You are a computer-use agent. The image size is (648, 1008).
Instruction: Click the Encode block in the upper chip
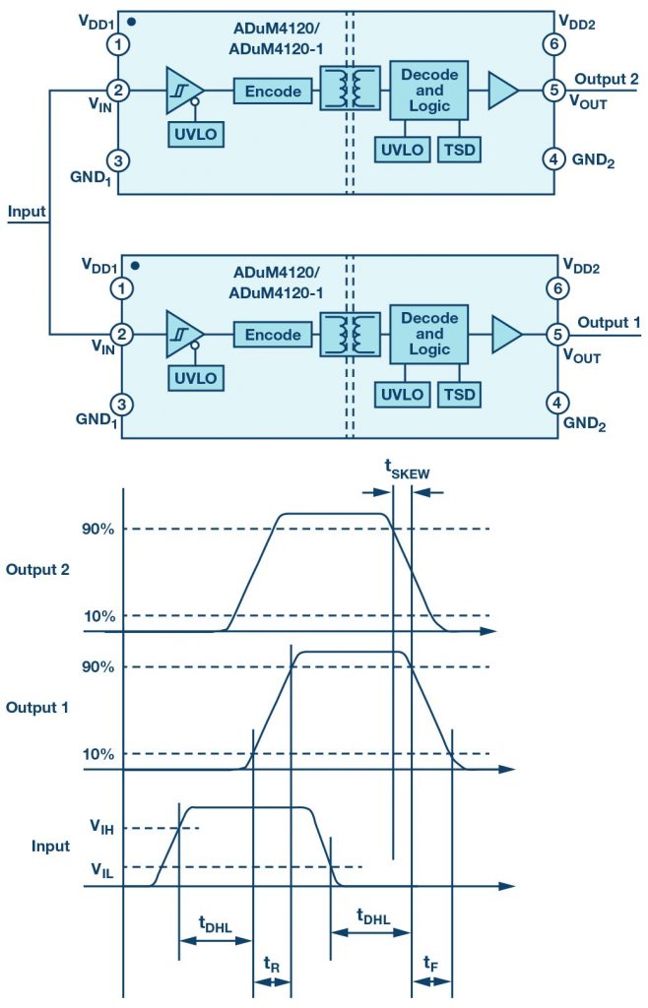273,92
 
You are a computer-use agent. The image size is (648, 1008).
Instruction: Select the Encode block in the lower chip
273,335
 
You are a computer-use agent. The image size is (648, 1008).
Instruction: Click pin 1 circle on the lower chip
120,288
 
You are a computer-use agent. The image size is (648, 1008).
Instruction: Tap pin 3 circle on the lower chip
120,403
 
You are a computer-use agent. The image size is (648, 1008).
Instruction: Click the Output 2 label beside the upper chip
609,79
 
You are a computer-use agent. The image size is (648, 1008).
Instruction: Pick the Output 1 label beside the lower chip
609,322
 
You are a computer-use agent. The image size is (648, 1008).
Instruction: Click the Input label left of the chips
24,212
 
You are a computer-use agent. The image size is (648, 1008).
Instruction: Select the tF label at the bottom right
430,964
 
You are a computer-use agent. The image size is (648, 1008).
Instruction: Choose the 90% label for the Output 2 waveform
99,530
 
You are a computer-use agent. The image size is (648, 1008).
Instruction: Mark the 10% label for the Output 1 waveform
99,754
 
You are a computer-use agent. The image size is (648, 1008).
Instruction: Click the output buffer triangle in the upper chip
502,92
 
